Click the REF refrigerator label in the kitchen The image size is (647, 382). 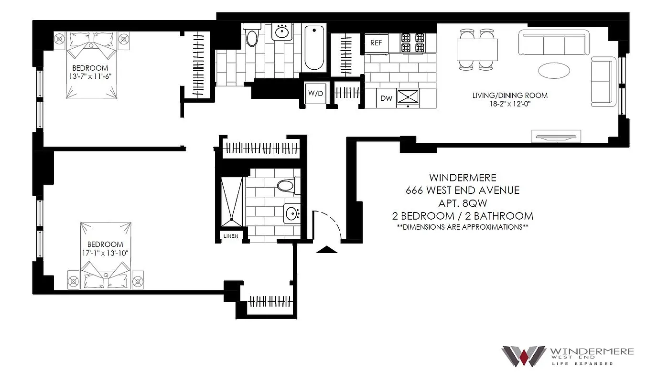pyautogui.click(x=376, y=42)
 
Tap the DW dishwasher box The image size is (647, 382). pyautogui.click(x=386, y=98)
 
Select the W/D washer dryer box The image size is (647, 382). pyautogui.click(x=315, y=93)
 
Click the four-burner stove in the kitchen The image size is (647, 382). pyautogui.click(x=413, y=42)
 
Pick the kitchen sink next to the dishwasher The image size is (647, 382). pyautogui.click(x=407, y=97)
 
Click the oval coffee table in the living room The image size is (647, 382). pyautogui.click(x=554, y=71)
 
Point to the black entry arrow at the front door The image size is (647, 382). pyautogui.click(x=327, y=250)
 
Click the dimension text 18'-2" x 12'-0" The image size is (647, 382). pyautogui.click(x=510, y=104)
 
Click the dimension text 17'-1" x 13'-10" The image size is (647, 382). pyautogui.click(x=105, y=253)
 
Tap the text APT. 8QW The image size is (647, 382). pyautogui.click(x=462, y=203)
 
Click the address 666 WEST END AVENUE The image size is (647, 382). pyautogui.click(x=462, y=191)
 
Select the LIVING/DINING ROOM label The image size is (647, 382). pyautogui.click(x=510, y=95)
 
